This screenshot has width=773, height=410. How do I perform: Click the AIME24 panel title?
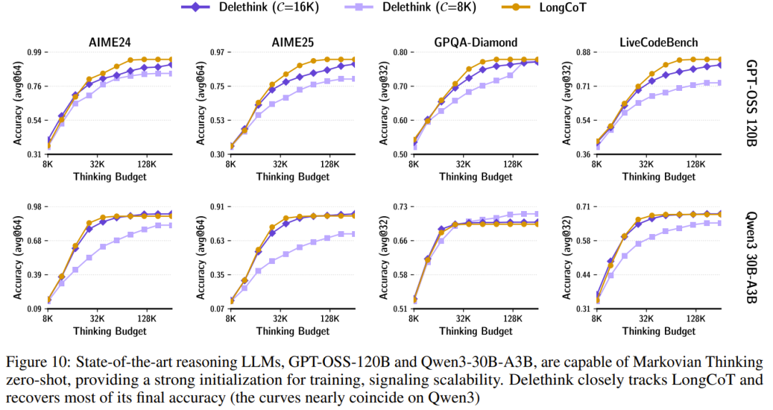(x=110, y=42)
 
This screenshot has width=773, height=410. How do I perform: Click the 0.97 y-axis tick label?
(x=216, y=53)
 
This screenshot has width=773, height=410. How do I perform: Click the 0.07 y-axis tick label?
(x=216, y=308)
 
